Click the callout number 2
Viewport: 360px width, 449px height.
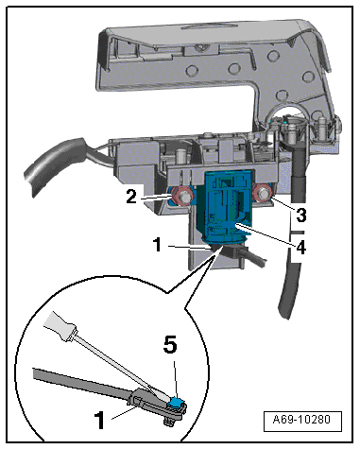click(131, 198)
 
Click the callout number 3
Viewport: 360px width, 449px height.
click(301, 216)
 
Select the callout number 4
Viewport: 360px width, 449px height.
click(300, 248)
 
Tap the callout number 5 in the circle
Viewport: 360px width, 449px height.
click(170, 346)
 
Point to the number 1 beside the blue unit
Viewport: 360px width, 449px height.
click(158, 245)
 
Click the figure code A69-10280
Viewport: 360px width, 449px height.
click(302, 420)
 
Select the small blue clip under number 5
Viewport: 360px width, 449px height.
click(177, 403)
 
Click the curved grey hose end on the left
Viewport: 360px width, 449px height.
click(55, 166)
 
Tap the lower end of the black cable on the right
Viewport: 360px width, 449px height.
click(284, 311)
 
